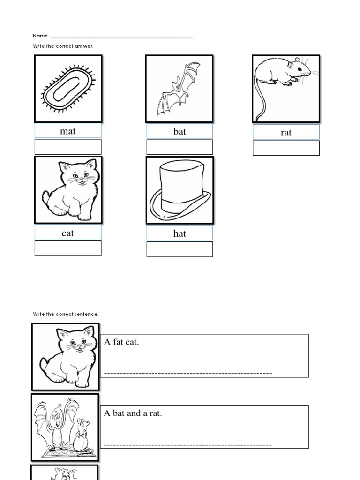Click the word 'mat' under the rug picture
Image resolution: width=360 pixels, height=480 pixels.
point(67,131)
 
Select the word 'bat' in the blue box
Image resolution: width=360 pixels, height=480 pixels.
point(180,132)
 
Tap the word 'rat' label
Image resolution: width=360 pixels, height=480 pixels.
point(286,133)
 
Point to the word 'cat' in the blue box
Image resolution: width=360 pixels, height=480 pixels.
point(67,233)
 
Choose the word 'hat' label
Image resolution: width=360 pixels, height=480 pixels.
point(180,233)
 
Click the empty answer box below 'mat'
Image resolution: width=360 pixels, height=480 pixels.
point(68,147)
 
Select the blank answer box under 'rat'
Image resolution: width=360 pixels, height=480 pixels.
point(286,148)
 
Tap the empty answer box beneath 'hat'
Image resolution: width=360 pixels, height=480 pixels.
point(180,249)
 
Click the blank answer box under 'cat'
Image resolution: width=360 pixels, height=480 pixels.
point(68,248)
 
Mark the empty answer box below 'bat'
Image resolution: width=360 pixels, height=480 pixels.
point(180,147)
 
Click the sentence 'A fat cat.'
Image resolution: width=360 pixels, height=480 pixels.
point(122,342)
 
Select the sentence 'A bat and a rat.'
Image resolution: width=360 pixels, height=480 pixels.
point(133,413)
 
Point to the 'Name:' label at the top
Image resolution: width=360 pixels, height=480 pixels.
point(40,36)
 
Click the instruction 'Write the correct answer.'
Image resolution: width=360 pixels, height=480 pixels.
point(63,46)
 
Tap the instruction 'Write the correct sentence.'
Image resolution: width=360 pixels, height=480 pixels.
point(66,314)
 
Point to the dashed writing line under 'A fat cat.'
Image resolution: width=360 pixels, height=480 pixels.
point(187,374)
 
